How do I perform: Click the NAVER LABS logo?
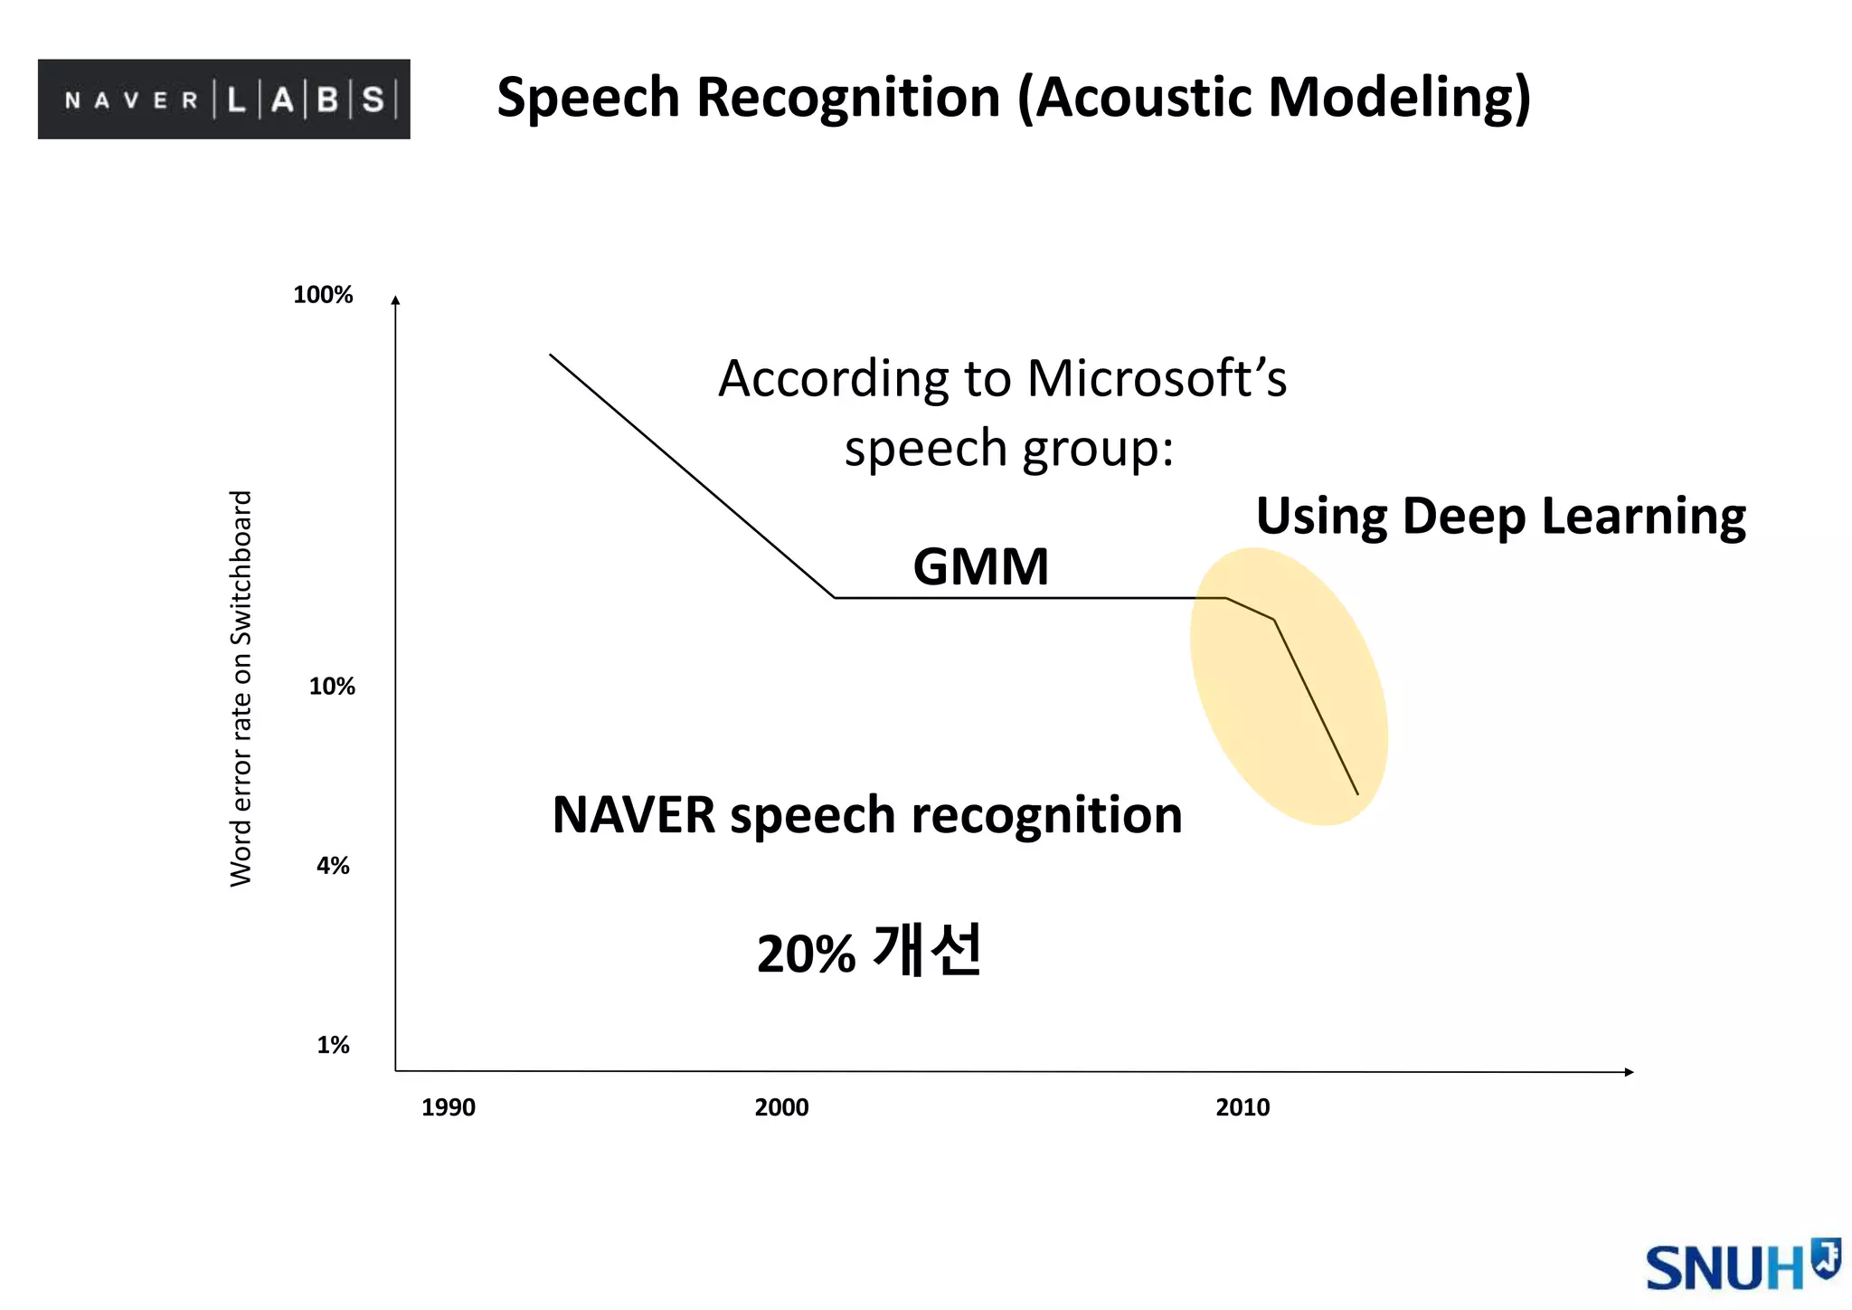223,99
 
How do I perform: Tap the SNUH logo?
1742,1267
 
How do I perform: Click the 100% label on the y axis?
323,295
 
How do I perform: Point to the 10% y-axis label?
332,687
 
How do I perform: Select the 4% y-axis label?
333,866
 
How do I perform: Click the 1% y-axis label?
333,1045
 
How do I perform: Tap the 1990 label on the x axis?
448,1107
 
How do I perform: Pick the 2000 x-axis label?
781,1107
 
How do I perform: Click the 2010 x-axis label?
1243,1107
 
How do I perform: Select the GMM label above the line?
980,567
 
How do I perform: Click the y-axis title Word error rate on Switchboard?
241,688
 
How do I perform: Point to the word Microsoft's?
1157,378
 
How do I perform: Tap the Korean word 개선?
928,951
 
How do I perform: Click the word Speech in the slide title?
588,98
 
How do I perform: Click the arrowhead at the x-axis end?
1629,1072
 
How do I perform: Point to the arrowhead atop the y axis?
395,300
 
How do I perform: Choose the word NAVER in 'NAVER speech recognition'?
634,815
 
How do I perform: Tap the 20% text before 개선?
806,954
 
